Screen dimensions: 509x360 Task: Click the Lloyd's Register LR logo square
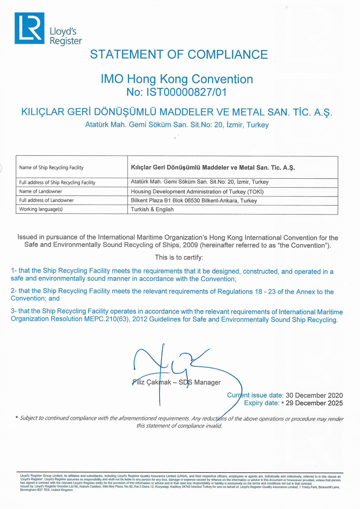pos(29,28)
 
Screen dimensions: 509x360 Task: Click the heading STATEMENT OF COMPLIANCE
pos(179,54)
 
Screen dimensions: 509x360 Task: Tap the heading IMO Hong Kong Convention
pos(177,79)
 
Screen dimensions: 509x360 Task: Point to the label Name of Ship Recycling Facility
pos(51,167)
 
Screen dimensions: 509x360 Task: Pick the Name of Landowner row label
pos(41,191)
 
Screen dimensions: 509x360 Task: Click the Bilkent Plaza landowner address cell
pos(194,200)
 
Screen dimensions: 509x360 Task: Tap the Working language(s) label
pos(41,209)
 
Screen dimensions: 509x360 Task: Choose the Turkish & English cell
pos(152,209)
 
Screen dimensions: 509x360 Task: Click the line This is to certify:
pos(180,257)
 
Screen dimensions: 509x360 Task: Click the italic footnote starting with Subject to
pos(180,422)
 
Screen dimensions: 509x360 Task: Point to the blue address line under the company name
pos(177,125)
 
